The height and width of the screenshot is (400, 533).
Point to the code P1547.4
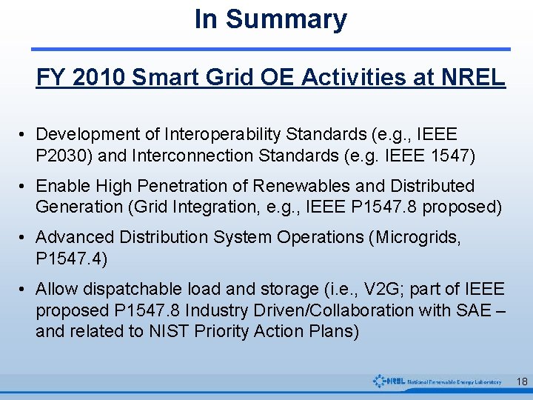pos(70,258)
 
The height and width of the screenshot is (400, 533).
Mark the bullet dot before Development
pos(24,135)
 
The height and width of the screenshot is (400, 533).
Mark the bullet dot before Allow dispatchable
pos(24,289)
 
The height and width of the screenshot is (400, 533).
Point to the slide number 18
pos(521,381)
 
